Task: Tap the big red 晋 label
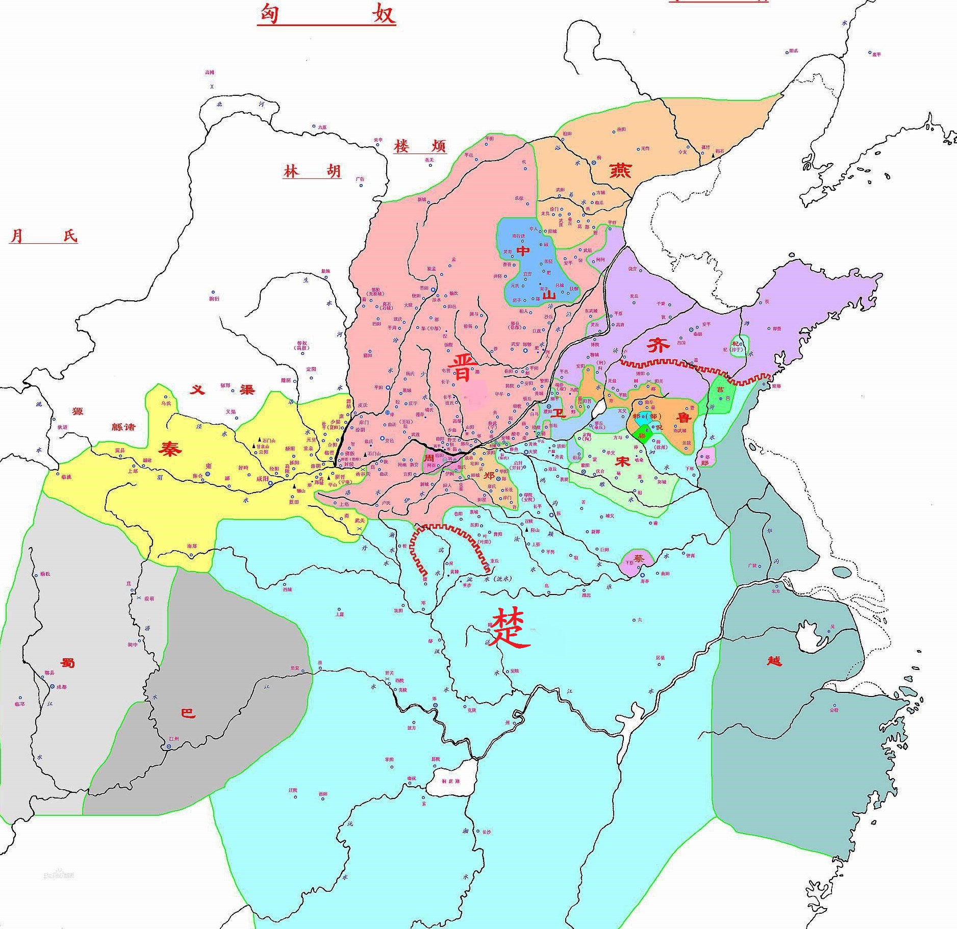pyautogui.click(x=462, y=368)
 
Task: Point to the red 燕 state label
pyautogui.click(x=620, y=170)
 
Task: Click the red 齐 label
pyautogui.click(x=658, y=346)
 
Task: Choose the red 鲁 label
pyautogui.click(x=683, y=418)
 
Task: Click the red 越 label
pyautogui.click(x=774, y=661)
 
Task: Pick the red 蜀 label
pyautogui.click(x=67, y=663)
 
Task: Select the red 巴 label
pyautogui.click(x=188, y=713)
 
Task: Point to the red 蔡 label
pyautogui.click(x=639, y=558)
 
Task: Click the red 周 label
pyautogui.click(x=430, y=458)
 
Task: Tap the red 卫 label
pyautogui.click(x=560, y=413)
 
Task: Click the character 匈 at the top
pyautogui.click(x=269, y=14)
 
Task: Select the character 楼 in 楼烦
pyautogui.click(x=401, y=147)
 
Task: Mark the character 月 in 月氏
pyautogui.click(x=17, y=236)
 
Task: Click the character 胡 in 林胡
pyautogui.click(x=334, y=171)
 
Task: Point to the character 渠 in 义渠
pyautogui.click(x=247, y=390)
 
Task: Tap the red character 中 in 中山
pyautogui.click(x=523, y=250)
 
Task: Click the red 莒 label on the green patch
pyautogui.click(x=720, y=390)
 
